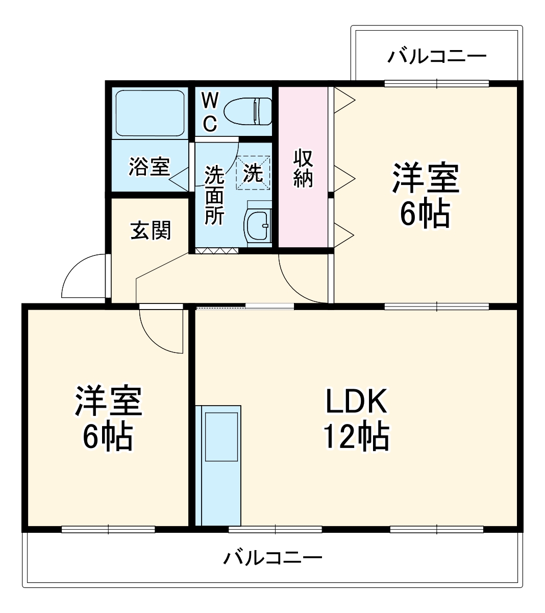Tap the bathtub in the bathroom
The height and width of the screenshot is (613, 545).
(x=148, y=113)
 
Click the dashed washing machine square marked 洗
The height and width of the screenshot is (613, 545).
(x=253, y=173)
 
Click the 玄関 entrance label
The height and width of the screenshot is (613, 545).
(x=151, y=230)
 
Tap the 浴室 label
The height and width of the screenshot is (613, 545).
(x=148, y=167)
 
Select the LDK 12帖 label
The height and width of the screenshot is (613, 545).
(x=356, y=419)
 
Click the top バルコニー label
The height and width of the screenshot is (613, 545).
(x=437, y=55)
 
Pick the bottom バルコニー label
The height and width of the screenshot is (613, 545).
(x=272, y=557)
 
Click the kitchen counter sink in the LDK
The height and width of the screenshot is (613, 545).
(x=221, y=437)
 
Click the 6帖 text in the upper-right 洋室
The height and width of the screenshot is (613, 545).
(x=425, y=215)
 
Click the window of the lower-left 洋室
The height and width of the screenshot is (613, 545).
(x=108, y=530)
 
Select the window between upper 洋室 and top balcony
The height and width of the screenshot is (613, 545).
(x=437, y=83)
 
